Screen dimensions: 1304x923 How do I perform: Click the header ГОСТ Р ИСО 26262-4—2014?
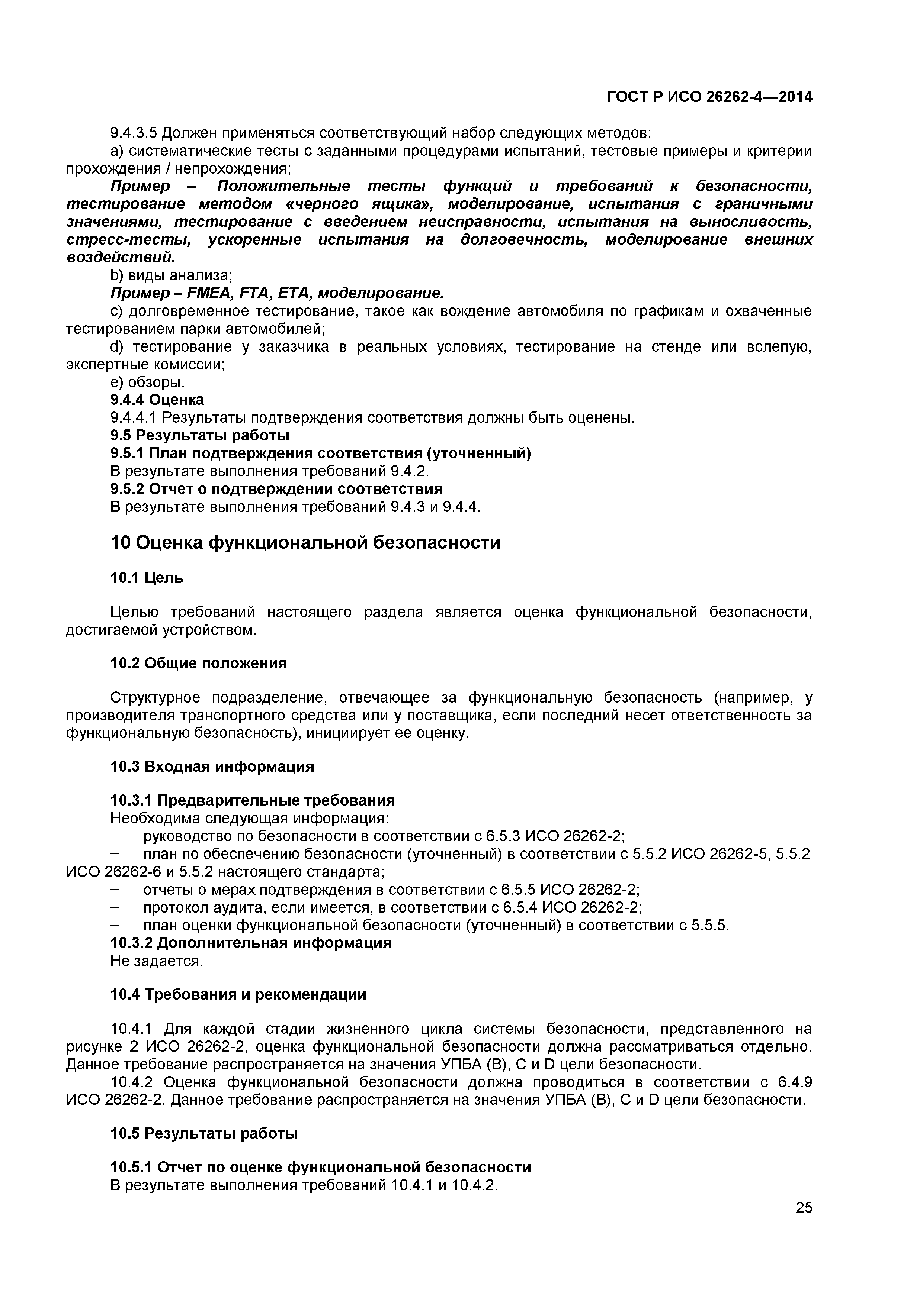709,97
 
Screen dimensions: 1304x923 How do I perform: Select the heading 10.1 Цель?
147,578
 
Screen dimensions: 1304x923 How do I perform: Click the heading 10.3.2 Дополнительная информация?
251,943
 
